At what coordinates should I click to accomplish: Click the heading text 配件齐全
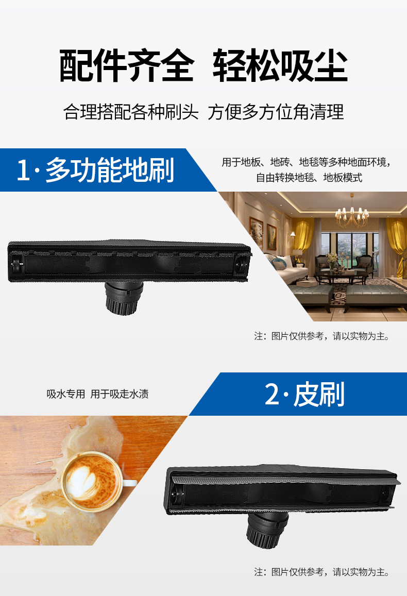pyautogui.click(x=126, y=66)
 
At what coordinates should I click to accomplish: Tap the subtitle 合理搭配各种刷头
pyautogui.click(x=131, y=112)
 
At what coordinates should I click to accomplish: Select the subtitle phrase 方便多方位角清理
pyautogui.click(x=276, y=112)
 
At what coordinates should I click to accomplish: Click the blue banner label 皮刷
pyautogui.click(x=319, y=395)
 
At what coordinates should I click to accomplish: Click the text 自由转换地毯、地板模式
pyautogui.click(x=309, y=178)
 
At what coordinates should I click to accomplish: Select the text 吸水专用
pyautogui.click(x=65, y=395)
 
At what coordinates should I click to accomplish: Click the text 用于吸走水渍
pyautogui.click(x=120, y=395)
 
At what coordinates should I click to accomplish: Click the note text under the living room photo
pyautogui.click(x=321, y=336)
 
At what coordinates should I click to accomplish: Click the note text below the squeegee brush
pyautogui.click(x=321, y=572)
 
